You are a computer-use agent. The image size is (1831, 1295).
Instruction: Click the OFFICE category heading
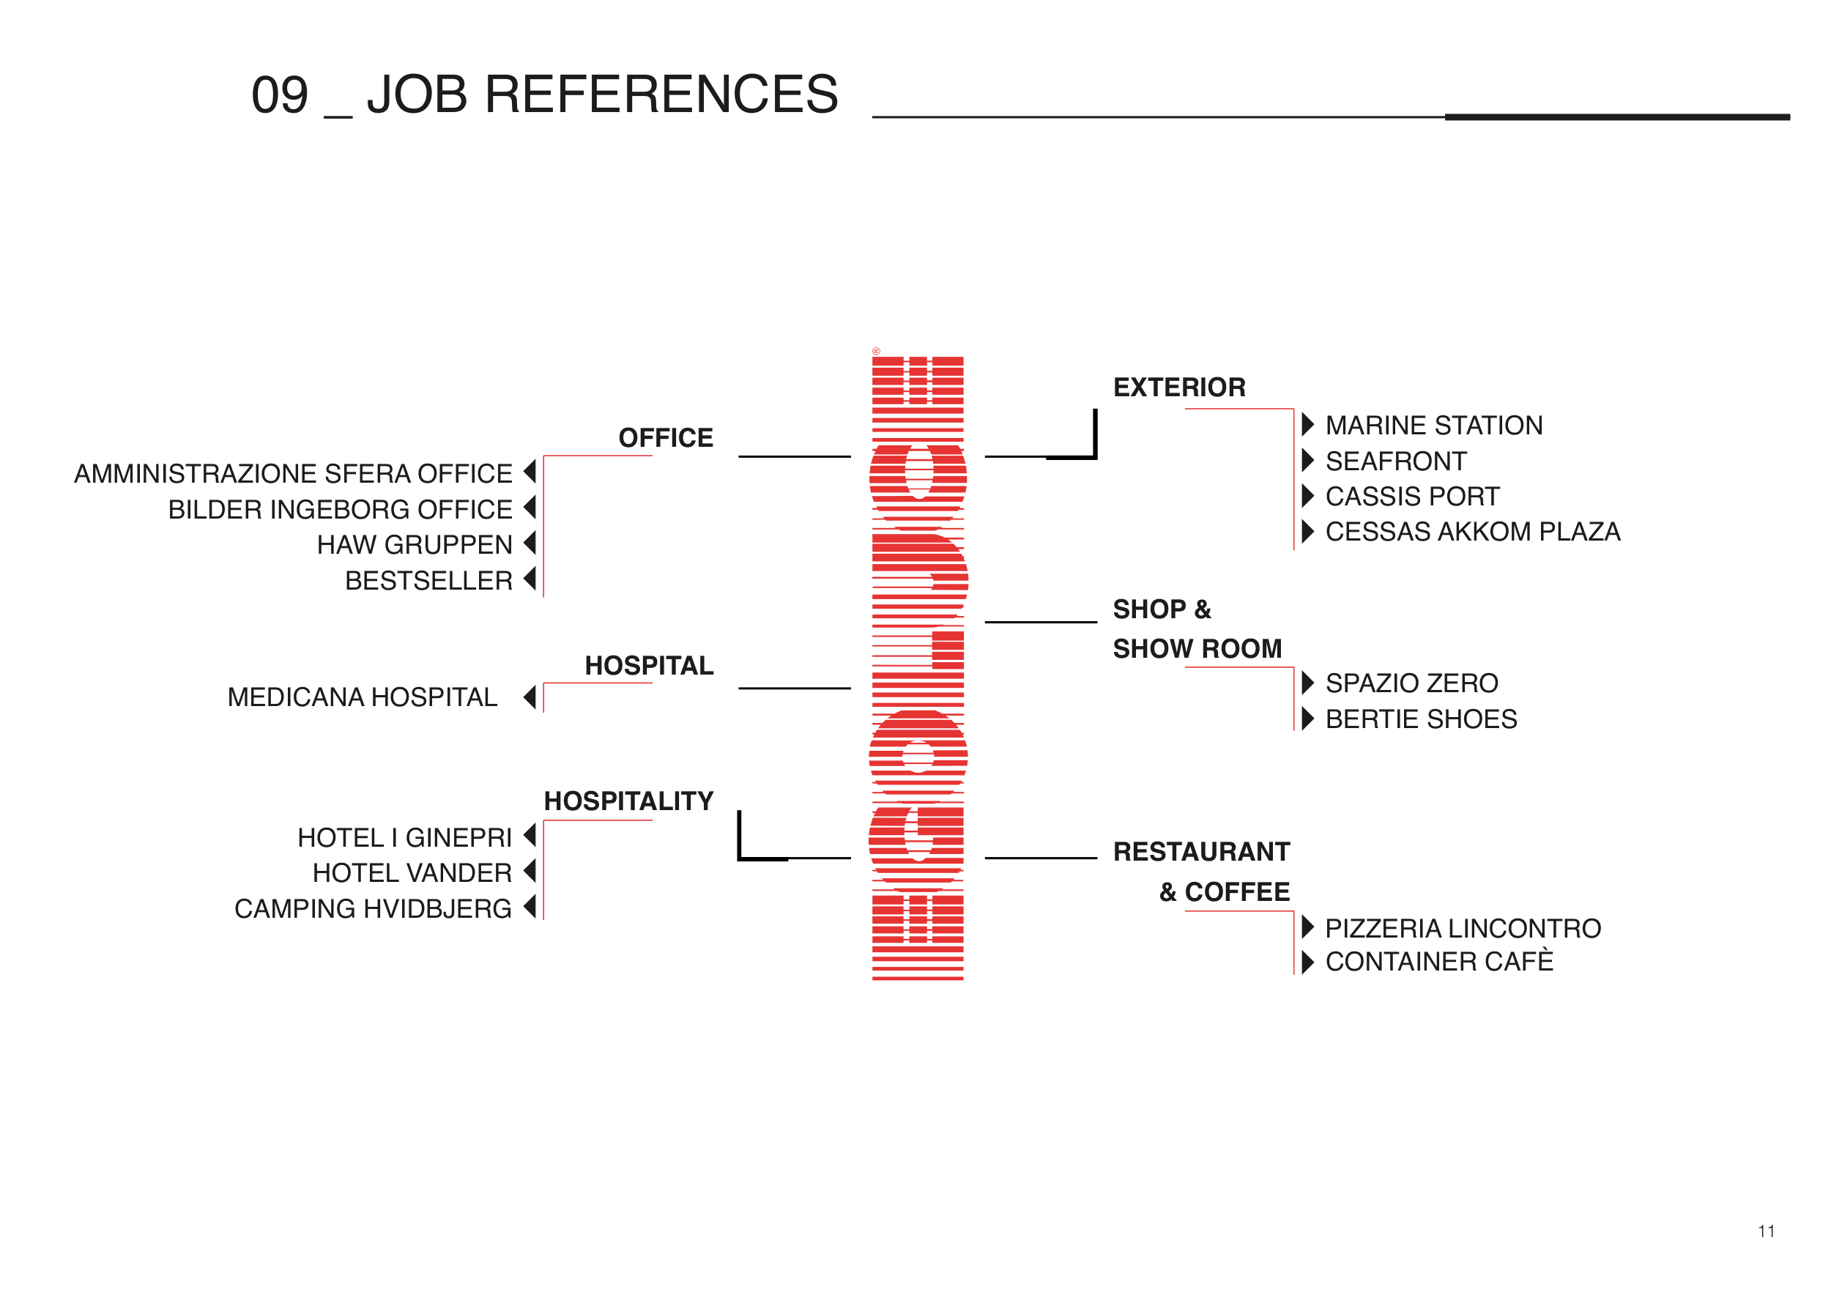tap(665, 438)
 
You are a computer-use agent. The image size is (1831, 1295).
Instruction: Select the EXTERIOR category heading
tap(1178, 387)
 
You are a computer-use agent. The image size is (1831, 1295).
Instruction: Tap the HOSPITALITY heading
tap(628, 801)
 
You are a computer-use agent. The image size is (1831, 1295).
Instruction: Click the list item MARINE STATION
tap(1433, 426)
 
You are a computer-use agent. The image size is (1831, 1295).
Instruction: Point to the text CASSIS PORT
tap(1411, 496)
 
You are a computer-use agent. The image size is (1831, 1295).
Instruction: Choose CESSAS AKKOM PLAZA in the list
tap(1472, 532)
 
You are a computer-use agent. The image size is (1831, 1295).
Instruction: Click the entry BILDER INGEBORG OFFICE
tap(340, 510)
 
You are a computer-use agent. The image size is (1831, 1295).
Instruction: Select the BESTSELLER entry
tap(428, 581)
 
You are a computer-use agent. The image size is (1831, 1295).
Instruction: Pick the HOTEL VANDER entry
tap(412, 873)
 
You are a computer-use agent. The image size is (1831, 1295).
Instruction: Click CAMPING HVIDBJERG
tap(372, 909)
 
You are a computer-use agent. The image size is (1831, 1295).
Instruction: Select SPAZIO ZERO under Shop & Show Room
tap(1411, 683)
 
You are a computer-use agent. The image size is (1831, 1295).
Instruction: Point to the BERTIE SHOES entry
tap(1420, 719)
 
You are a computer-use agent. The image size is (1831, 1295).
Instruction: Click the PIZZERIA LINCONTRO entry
tap(1463, 928)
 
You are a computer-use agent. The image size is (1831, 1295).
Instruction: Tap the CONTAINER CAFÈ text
tap(1438, 962)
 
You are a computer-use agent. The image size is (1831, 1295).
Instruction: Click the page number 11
tap(1766, 1231)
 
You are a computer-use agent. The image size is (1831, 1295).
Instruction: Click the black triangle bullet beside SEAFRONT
tap(1307, 460)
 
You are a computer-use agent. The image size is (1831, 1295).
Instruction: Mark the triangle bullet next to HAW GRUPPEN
tap(530, 543)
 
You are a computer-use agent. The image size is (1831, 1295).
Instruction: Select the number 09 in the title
tap(279, 95)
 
